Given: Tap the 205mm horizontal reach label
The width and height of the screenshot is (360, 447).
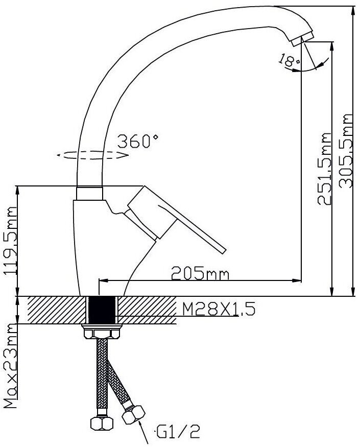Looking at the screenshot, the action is pyautogui.click(x=200, y=274).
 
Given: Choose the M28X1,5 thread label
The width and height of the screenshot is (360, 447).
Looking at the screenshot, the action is pyautogui.click(x=214, y=310).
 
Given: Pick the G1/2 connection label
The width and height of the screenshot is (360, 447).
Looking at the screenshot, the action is pyautogui.click(x=177, y=433).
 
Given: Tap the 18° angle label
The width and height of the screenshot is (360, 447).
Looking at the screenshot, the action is pyautogui.click(x=289, y=62).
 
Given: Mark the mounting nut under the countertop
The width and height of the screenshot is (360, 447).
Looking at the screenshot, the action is pyautogui.click(x=103, y=333).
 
